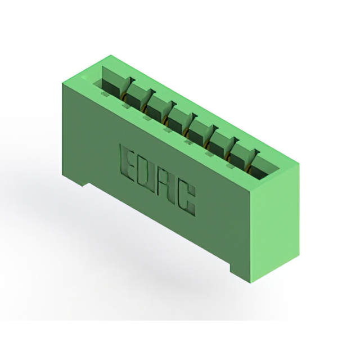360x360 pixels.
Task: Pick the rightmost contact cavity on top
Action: pyautogui.click(x=262, y=166)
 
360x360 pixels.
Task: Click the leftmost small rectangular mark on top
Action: pyautogui.click(x=105, y=94)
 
